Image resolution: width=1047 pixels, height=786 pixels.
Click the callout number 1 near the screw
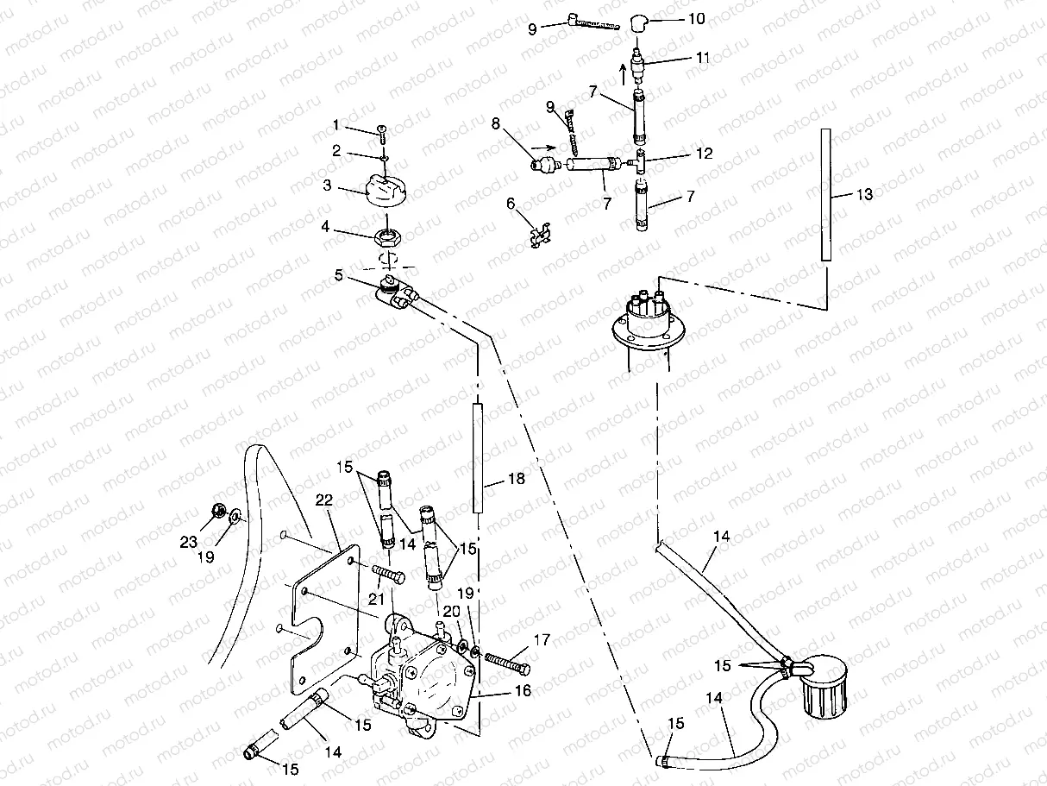coord(335,125)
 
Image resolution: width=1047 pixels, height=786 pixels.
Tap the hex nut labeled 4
coord(389,234)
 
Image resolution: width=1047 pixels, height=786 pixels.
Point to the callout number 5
coord(339,276)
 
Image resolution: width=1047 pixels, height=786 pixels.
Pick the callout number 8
coord(495,123)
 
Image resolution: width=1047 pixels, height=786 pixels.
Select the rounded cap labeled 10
coord(639,22)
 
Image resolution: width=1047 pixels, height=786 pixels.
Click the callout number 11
coord(703,58)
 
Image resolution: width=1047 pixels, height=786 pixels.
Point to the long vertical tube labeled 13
coord(825,194)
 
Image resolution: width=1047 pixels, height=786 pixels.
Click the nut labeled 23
coord(216,511)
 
